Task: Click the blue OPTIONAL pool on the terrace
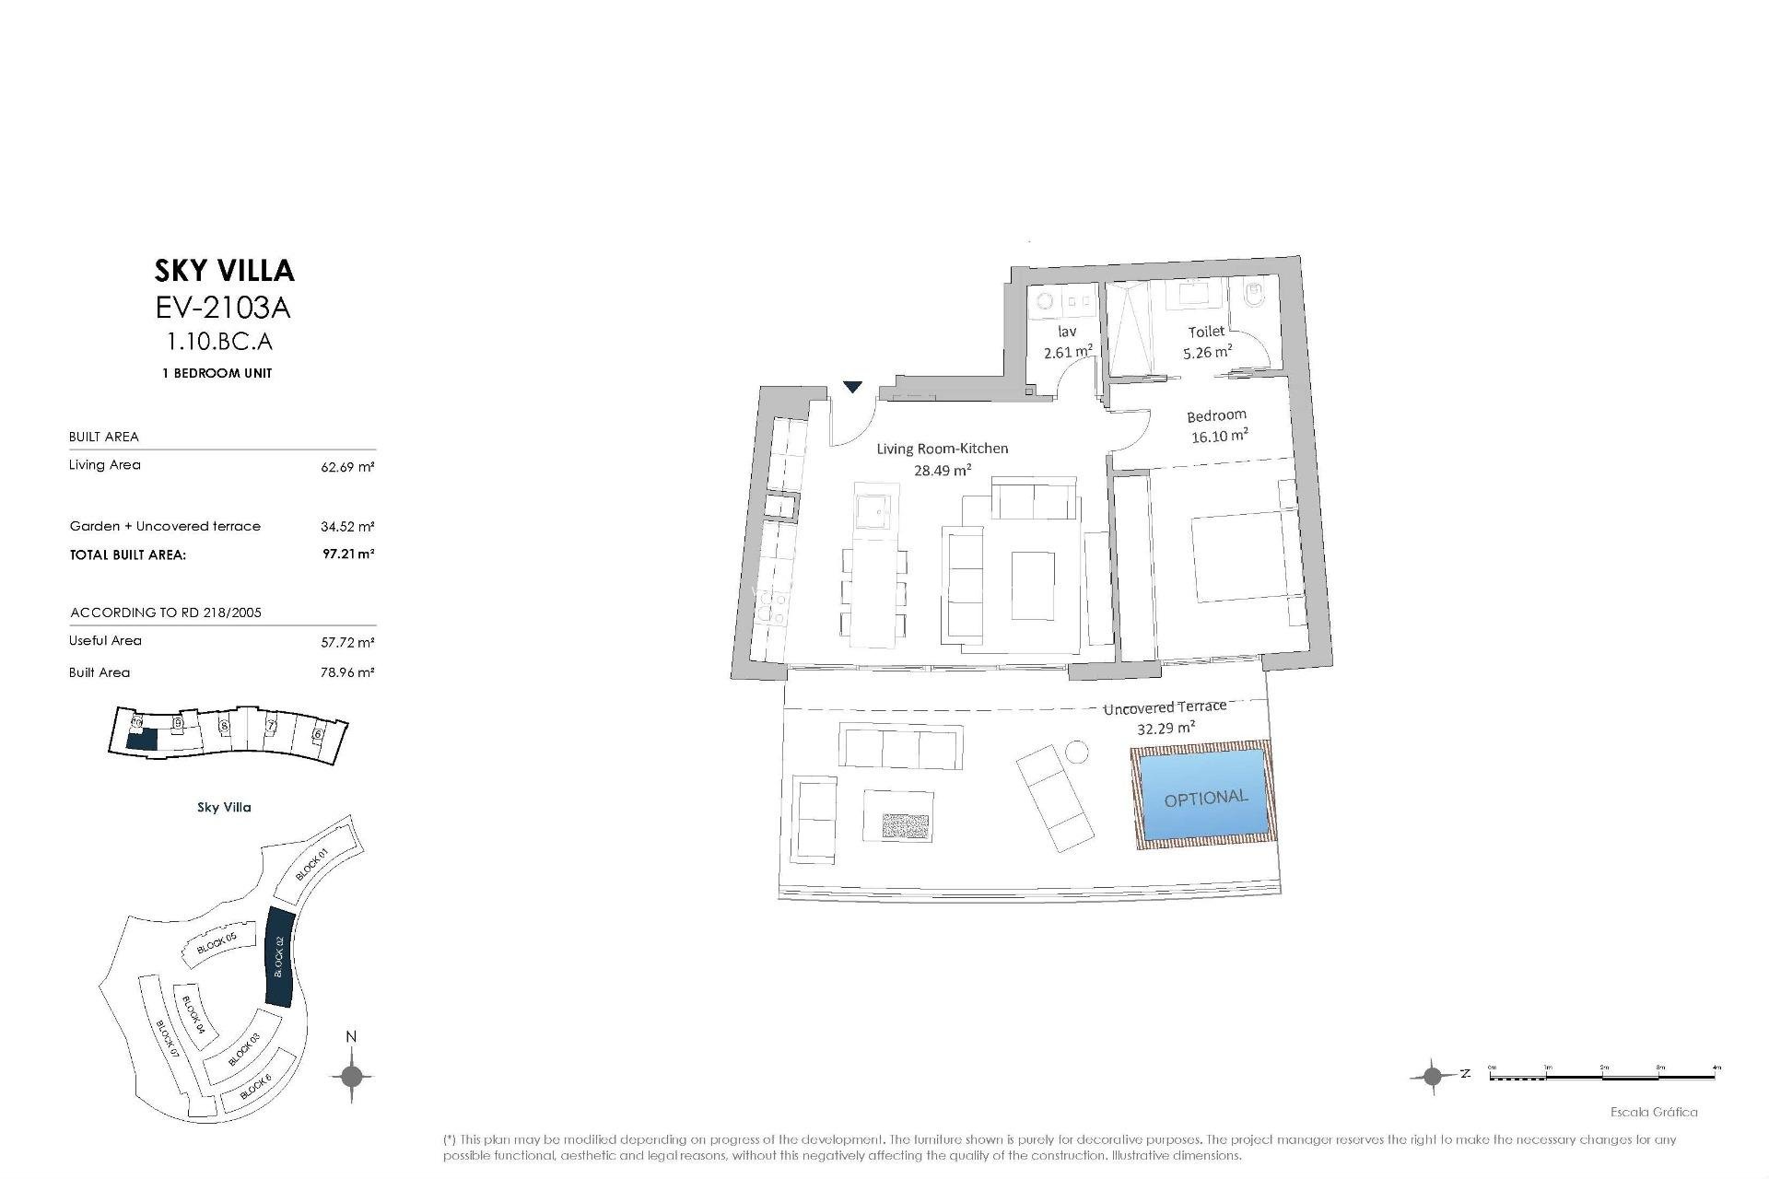point(1204,796)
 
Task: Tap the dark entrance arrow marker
point(853,387)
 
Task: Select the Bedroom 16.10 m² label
point(1218,426)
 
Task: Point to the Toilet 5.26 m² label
point(1207,341)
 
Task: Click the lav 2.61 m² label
point(1068,341)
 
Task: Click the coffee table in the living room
point(1034,587)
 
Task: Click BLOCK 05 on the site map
point(217,942)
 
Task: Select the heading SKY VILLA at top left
point(224,270)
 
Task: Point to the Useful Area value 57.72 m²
point(348,642)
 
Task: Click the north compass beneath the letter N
point(351,1075)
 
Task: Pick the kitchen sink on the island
point(873,510)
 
